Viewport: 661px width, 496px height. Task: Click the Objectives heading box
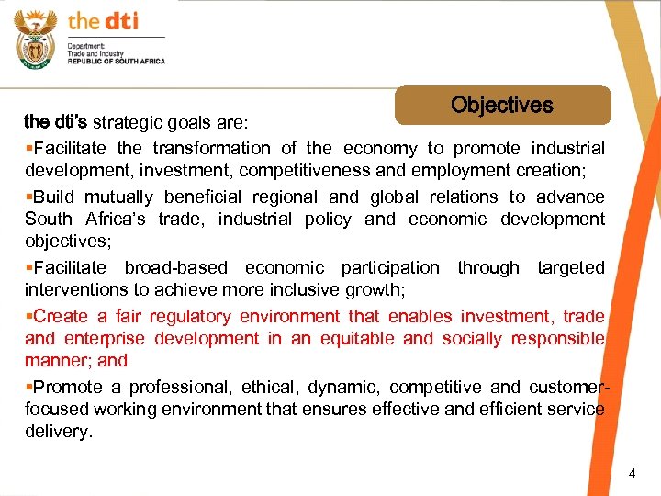(502, 106)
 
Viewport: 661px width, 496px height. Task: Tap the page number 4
(632, 473)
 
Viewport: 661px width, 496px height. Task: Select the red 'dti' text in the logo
(119, 20)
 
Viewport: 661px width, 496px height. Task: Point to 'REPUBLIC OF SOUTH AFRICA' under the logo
(116, 61)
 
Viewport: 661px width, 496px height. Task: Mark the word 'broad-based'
(175, 267)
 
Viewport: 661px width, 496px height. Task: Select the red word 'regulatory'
(192, 316)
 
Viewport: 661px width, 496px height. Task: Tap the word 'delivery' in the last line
(57, 431)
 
